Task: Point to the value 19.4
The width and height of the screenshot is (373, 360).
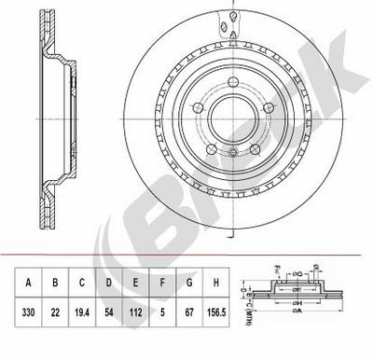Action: coord(82,313)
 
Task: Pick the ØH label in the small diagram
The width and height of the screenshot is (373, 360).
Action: coord(299,299)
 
